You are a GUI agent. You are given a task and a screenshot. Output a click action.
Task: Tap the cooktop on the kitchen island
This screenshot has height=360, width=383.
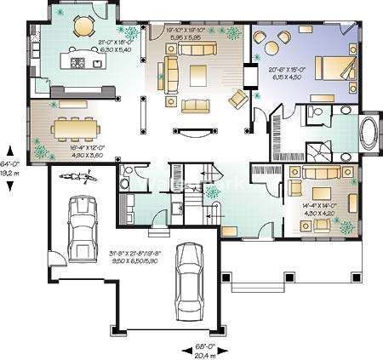click(78, 62)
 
